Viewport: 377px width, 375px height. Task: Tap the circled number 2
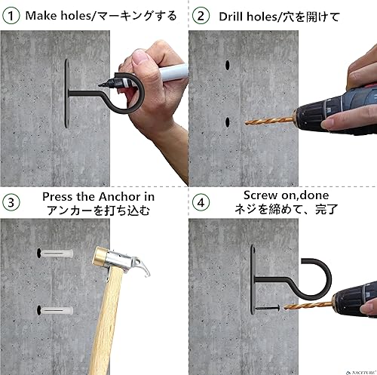[x=200, y=14]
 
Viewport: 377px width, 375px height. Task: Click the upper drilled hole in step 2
[x=226, y=67]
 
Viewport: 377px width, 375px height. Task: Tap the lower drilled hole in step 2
[x=226, y=121]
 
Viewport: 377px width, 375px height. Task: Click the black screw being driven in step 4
[x=267, y=307]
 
